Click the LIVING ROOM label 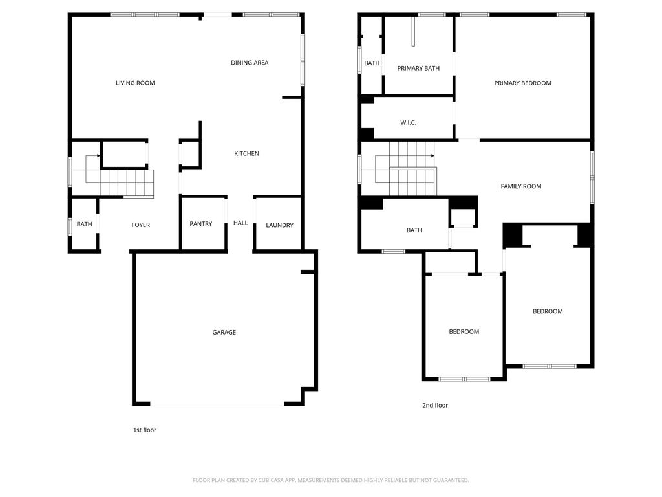135,83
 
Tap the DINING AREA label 250,63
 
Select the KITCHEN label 246,153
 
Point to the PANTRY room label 200,223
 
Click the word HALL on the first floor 240,223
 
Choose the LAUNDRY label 279,225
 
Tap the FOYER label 140,225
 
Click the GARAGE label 224,332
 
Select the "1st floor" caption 145,430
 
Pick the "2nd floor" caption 435,405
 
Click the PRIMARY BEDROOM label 522,83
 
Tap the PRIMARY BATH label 418,68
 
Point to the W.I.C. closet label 409,122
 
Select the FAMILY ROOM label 521,186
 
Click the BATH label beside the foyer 85,224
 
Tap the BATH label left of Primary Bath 372,63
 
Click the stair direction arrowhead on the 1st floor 99,156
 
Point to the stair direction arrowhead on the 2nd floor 432,156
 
